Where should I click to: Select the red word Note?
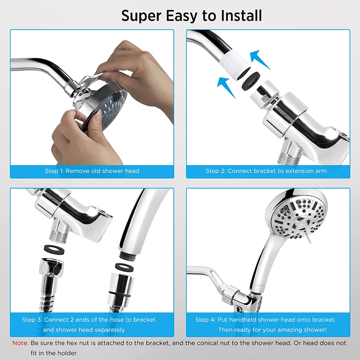pyautogui.click(x=20, y=343)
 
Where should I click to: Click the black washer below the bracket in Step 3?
pyautogui.click(x=54, y=249)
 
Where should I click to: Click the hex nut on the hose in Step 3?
pyautogui.click(x=51, y=268)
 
